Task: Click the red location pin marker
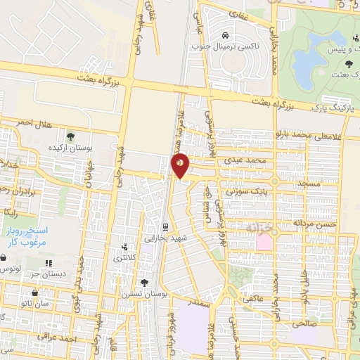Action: (x=181, y=165)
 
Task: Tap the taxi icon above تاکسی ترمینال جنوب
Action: (x=224, y=34)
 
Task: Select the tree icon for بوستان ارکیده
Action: (x=70, y=136)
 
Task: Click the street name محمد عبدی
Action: (x=247, y=160)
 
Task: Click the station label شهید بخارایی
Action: (x=164, y=238)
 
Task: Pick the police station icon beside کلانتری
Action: (x=125, y=247)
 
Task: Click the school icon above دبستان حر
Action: (x=49, y=264)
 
